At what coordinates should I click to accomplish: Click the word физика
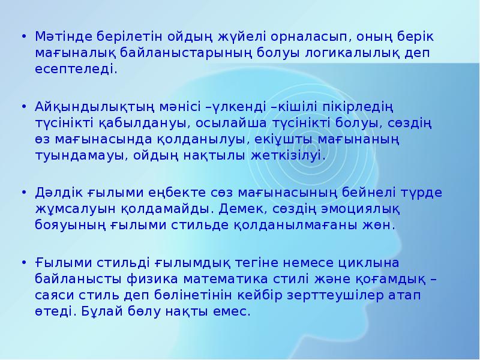[151, 279]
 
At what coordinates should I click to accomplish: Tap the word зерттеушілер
[322, 295]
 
